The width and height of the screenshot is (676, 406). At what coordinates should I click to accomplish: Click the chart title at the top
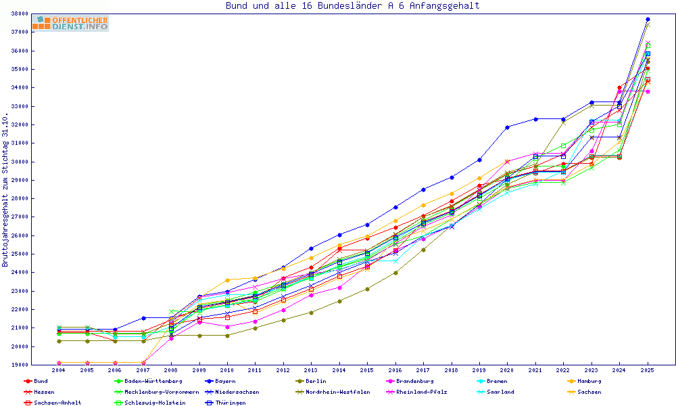(352, 6)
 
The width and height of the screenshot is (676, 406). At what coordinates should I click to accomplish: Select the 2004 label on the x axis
(59, 371)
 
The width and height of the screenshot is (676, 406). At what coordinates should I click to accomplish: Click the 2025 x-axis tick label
(647, 371)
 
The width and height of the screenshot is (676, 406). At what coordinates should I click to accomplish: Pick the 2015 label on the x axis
(366, 371)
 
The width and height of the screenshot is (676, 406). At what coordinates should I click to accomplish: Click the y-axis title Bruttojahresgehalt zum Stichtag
(5, 190)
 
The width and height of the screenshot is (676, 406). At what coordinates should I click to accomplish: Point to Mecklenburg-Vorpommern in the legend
(161, 392)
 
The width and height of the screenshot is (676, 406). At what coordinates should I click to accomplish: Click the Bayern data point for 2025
(648, 19)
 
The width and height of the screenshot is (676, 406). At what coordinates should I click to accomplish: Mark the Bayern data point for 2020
(508, 127)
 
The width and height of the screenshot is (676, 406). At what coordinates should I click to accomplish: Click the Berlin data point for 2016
(395, 273)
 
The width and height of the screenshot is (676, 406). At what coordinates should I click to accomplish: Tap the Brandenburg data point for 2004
(59, 363)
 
